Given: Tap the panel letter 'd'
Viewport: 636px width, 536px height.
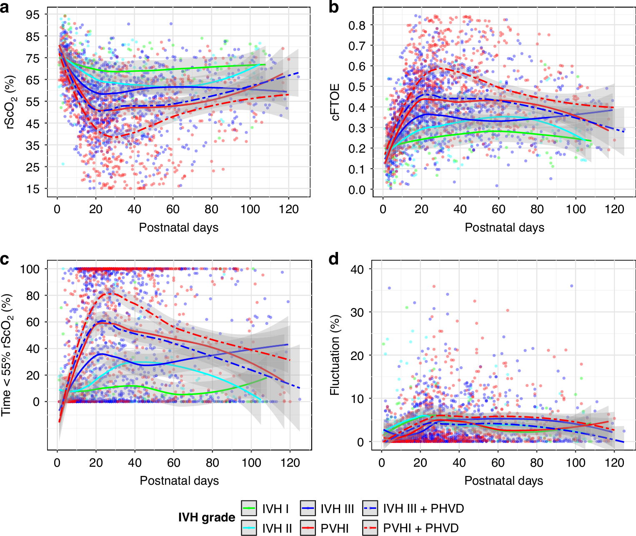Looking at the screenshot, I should (x=333, y=259).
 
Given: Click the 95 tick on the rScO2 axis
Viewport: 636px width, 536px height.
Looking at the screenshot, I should (x=33, y=15).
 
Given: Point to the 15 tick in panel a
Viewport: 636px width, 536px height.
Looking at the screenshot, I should (x=33, y=189).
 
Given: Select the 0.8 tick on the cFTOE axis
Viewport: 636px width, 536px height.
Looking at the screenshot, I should (x=357, y=25).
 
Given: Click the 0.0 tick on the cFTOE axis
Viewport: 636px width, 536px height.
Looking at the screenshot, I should (x=357, y=190).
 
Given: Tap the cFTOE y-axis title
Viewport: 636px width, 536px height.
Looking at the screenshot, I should (x=335, y=102).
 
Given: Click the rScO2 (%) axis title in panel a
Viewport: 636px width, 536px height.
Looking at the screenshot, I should (x=9, y=102).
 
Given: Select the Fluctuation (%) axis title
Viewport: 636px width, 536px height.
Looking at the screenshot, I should (x=335, y=355).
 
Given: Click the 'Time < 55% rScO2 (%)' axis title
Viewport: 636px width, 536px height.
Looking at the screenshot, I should (x=8, y=355).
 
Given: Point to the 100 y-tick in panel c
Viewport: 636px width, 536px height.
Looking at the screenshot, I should (x=30, y=269).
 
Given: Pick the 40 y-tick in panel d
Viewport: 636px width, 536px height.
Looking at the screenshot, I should (x=357, y=269).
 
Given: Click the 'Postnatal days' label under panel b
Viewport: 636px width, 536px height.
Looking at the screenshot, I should (x=504, y=227).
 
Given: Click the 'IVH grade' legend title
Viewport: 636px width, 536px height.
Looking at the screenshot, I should (x=207, y=518).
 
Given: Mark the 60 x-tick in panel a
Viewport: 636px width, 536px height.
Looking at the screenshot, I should (x=173, y=209).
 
